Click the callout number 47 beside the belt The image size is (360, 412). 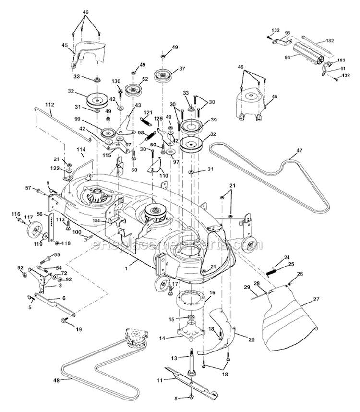[299, 151]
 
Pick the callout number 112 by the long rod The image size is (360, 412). [49, 104]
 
